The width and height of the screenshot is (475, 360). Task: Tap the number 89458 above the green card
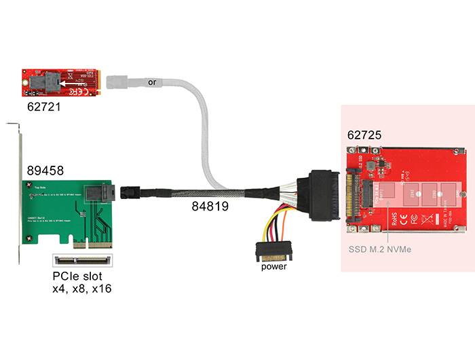(45, 170)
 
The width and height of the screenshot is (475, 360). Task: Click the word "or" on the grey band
(152, 82)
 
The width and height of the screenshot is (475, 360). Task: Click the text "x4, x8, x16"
(81, 289)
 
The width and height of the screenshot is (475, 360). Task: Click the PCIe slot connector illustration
(81, 259)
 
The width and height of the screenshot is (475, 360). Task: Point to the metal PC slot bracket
(17, 197)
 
